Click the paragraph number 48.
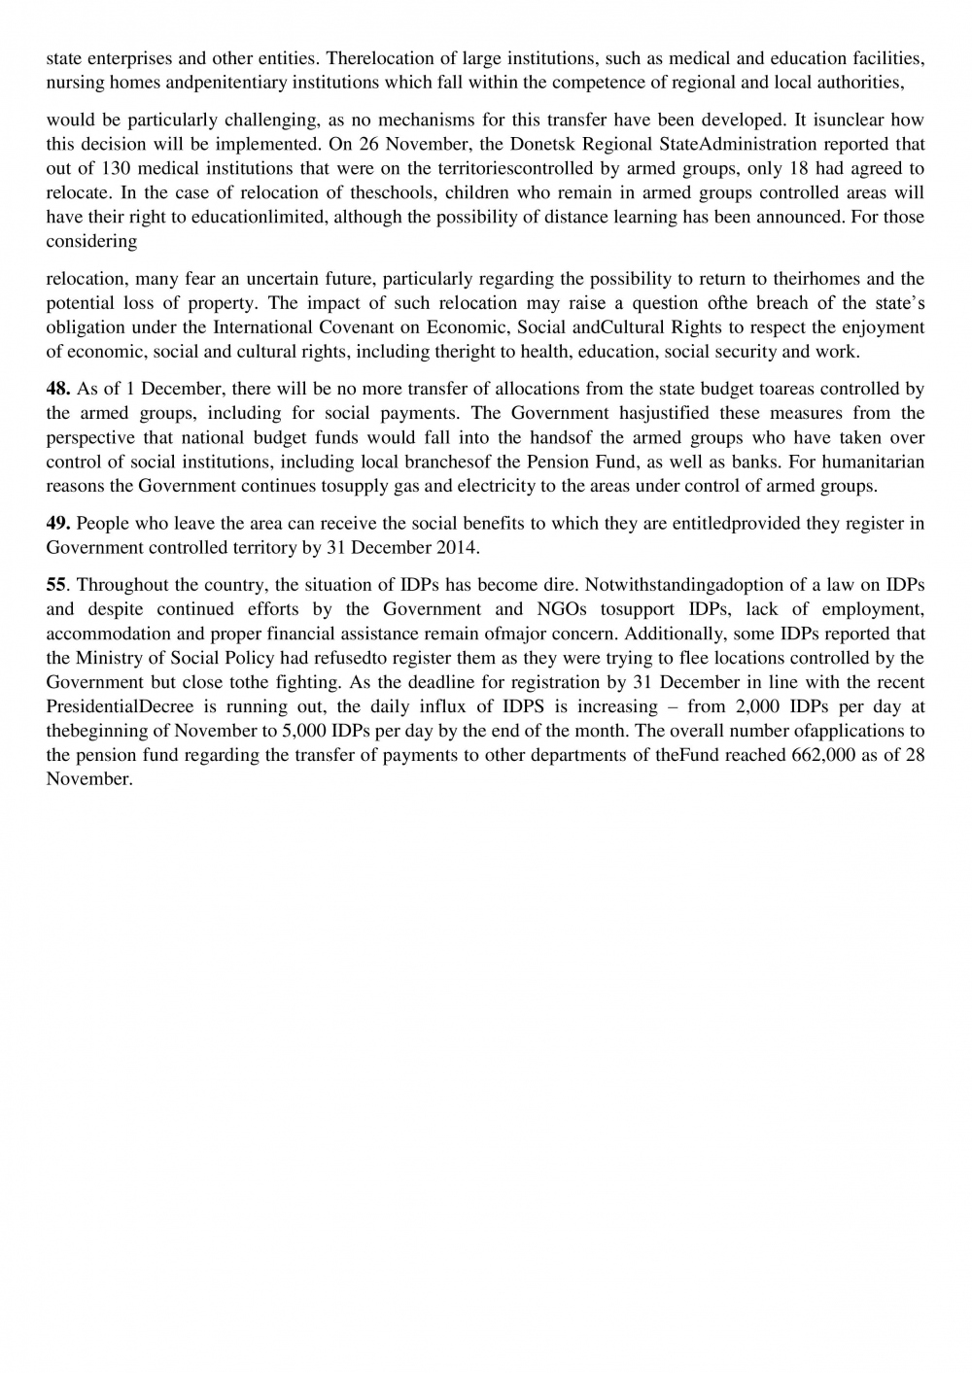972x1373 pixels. (58, 390)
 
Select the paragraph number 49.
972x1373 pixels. (58, 524)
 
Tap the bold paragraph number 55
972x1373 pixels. (56, 585)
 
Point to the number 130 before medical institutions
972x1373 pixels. (117, 169)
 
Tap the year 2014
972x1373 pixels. (454, 548)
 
